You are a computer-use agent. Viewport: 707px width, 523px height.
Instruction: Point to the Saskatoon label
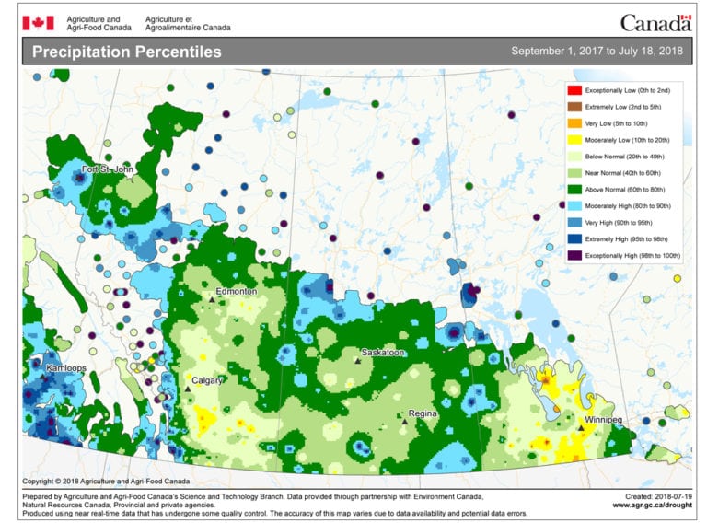tap(382, 352)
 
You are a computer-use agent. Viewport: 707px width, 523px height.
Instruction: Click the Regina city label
tap(422, 413)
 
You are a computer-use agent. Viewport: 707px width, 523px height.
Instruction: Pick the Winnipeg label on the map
tap(603, 420)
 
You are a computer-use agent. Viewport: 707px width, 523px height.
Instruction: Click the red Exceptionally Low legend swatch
tap(574, 89)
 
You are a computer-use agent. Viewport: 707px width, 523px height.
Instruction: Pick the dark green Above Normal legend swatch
tap(574, 189)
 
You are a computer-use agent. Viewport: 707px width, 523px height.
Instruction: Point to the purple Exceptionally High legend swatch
tap(574, 254)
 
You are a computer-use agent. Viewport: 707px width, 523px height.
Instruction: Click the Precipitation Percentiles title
tap(127, 52)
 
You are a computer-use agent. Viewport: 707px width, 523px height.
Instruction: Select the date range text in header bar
tap(597, 52)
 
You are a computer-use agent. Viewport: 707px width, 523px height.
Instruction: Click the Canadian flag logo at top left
tap(38, 22)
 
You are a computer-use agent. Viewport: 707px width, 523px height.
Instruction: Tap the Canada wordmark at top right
tap(655, 22)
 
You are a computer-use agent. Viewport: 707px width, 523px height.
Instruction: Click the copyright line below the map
tap(106, 481)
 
